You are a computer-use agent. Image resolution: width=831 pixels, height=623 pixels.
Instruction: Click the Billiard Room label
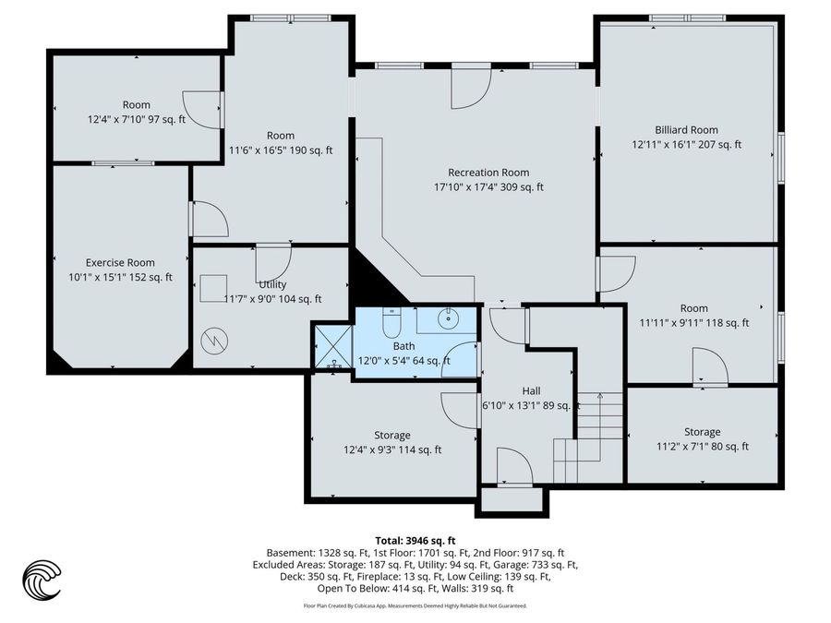coord(686,130)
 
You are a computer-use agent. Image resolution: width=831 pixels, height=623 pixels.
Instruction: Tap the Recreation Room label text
coord(488,173)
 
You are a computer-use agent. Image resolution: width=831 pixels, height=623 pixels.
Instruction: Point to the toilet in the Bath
coord(391,325)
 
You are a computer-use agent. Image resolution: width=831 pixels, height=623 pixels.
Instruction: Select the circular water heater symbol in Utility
coord(214,340)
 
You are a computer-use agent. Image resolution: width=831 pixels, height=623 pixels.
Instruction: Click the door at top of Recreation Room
coord(470,90)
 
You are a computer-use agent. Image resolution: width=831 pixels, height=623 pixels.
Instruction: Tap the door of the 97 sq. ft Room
coord(203,110)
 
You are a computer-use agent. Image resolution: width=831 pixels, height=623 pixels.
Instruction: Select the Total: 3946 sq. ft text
coord(415,540)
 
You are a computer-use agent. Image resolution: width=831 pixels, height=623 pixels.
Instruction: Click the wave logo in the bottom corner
coord(42,580)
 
